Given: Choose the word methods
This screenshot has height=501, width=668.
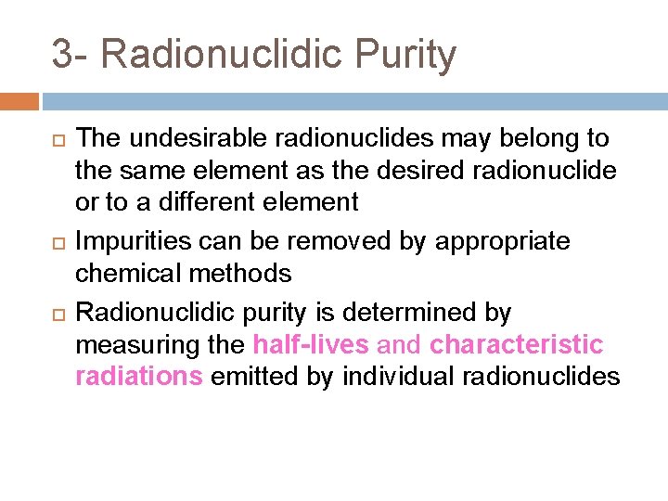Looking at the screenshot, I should point(246,273).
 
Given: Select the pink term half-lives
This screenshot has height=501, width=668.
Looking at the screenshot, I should point(311,345).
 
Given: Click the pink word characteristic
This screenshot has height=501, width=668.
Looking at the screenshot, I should point(517,345).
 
